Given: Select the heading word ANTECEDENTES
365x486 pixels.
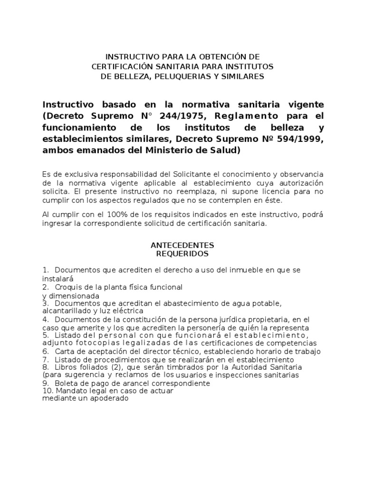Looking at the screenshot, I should [182, 245].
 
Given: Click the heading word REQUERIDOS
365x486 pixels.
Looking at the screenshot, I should [182, 254].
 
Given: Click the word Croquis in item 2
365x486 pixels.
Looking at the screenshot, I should [69, 288].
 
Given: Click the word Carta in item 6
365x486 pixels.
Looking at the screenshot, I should [65, 351].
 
